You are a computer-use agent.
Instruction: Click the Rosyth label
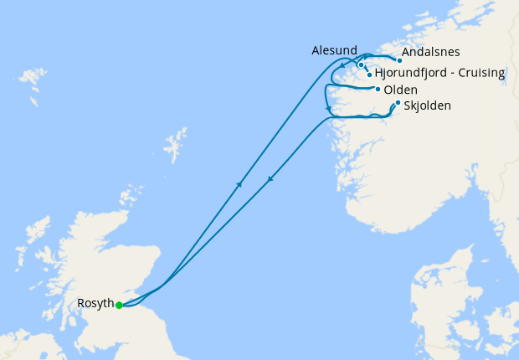pyautogui.click(x=95, y=303)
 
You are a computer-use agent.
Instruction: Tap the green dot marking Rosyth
pyautogui.click(x=119, y=306)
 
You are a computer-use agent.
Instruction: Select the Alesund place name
pyautogui.click(x=334, y=51)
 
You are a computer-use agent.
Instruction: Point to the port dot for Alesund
pyautogui.click(x=361, y=64)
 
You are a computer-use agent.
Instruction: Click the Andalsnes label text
pyautogui.click(x=430, y=52)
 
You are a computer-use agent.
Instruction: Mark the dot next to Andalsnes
pyautogui.click(x=399, y=60)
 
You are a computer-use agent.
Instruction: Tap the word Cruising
pyautogui.click(x=480, y=74)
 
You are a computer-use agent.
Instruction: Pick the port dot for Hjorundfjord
pyautogui.click(x=369, y=75)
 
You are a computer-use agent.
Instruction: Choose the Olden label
pyautogui.click(x=400, y=90)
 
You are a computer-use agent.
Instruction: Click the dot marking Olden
pyautogui.click(x=378, y=90)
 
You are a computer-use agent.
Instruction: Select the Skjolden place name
pyautogui.click(x=427, y=106)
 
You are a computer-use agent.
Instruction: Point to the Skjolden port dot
pyautogui.click(x=397, y=103)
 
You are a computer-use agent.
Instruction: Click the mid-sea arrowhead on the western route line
pyautogui.click(x=239, y=183)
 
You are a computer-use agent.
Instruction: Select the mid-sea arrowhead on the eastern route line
pyautogui.click(x=270, y=178)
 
